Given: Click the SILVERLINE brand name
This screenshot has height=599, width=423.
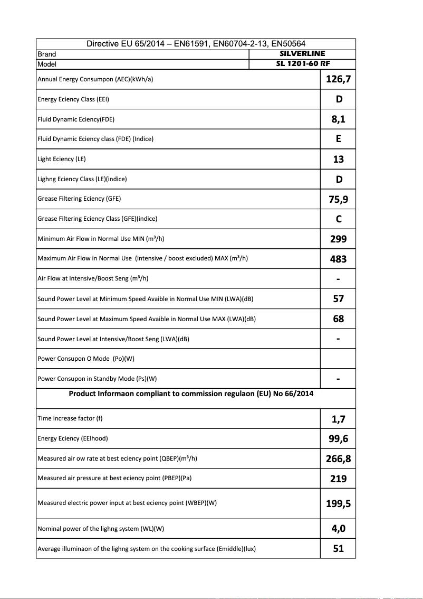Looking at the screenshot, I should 302,53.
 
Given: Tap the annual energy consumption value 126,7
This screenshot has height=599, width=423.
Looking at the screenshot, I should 338,79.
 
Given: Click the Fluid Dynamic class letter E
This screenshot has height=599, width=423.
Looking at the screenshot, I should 338,139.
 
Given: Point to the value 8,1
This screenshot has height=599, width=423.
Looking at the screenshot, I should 338,119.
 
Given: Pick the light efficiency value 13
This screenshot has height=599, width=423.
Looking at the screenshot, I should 338,159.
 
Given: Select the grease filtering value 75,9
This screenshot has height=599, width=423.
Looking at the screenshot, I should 338,199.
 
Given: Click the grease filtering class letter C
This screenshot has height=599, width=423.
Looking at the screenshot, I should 338,219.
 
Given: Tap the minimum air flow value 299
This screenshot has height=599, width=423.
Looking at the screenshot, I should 338,239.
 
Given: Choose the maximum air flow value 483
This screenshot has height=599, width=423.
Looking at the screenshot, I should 338,259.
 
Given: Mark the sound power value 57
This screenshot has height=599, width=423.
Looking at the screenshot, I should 338,299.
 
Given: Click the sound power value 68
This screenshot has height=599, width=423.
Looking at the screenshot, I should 338,319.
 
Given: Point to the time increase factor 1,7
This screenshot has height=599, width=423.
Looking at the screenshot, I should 338,419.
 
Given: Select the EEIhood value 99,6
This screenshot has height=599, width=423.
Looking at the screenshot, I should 338,438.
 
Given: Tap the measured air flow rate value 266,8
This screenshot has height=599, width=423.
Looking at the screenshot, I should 338,458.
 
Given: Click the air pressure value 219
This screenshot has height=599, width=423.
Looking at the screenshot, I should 338,479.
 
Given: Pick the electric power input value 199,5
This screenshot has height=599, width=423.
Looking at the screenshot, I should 338,503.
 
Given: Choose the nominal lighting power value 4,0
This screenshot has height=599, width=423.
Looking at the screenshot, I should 338,529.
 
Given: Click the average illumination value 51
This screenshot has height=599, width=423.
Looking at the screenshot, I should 338,549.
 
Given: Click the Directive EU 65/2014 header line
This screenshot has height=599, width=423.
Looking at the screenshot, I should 196,44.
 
